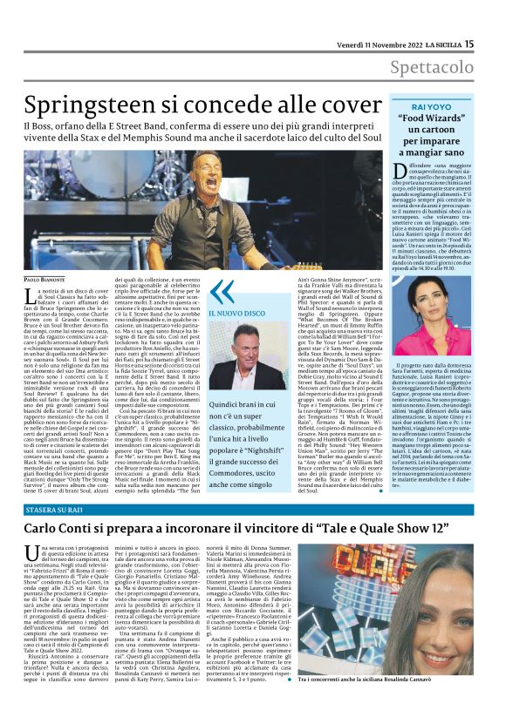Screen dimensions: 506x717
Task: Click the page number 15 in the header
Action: [493, 44]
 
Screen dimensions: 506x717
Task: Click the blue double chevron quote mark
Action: [222, 293]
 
